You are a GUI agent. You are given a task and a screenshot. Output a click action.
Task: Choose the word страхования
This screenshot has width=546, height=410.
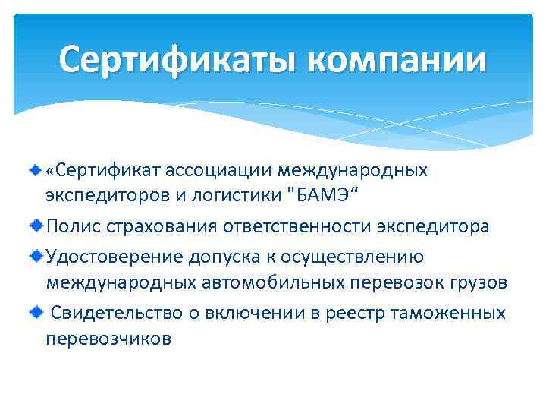tap(158, 226)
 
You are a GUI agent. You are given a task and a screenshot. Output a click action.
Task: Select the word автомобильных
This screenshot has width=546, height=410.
tap(250, 283)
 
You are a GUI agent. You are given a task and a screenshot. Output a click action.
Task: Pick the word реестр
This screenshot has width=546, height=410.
tap(355, 314)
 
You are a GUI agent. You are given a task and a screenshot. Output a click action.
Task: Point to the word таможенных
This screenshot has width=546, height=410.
tap(448, 314)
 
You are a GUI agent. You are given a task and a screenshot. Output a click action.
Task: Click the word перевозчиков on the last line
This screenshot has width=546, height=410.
tap(108, 339)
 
